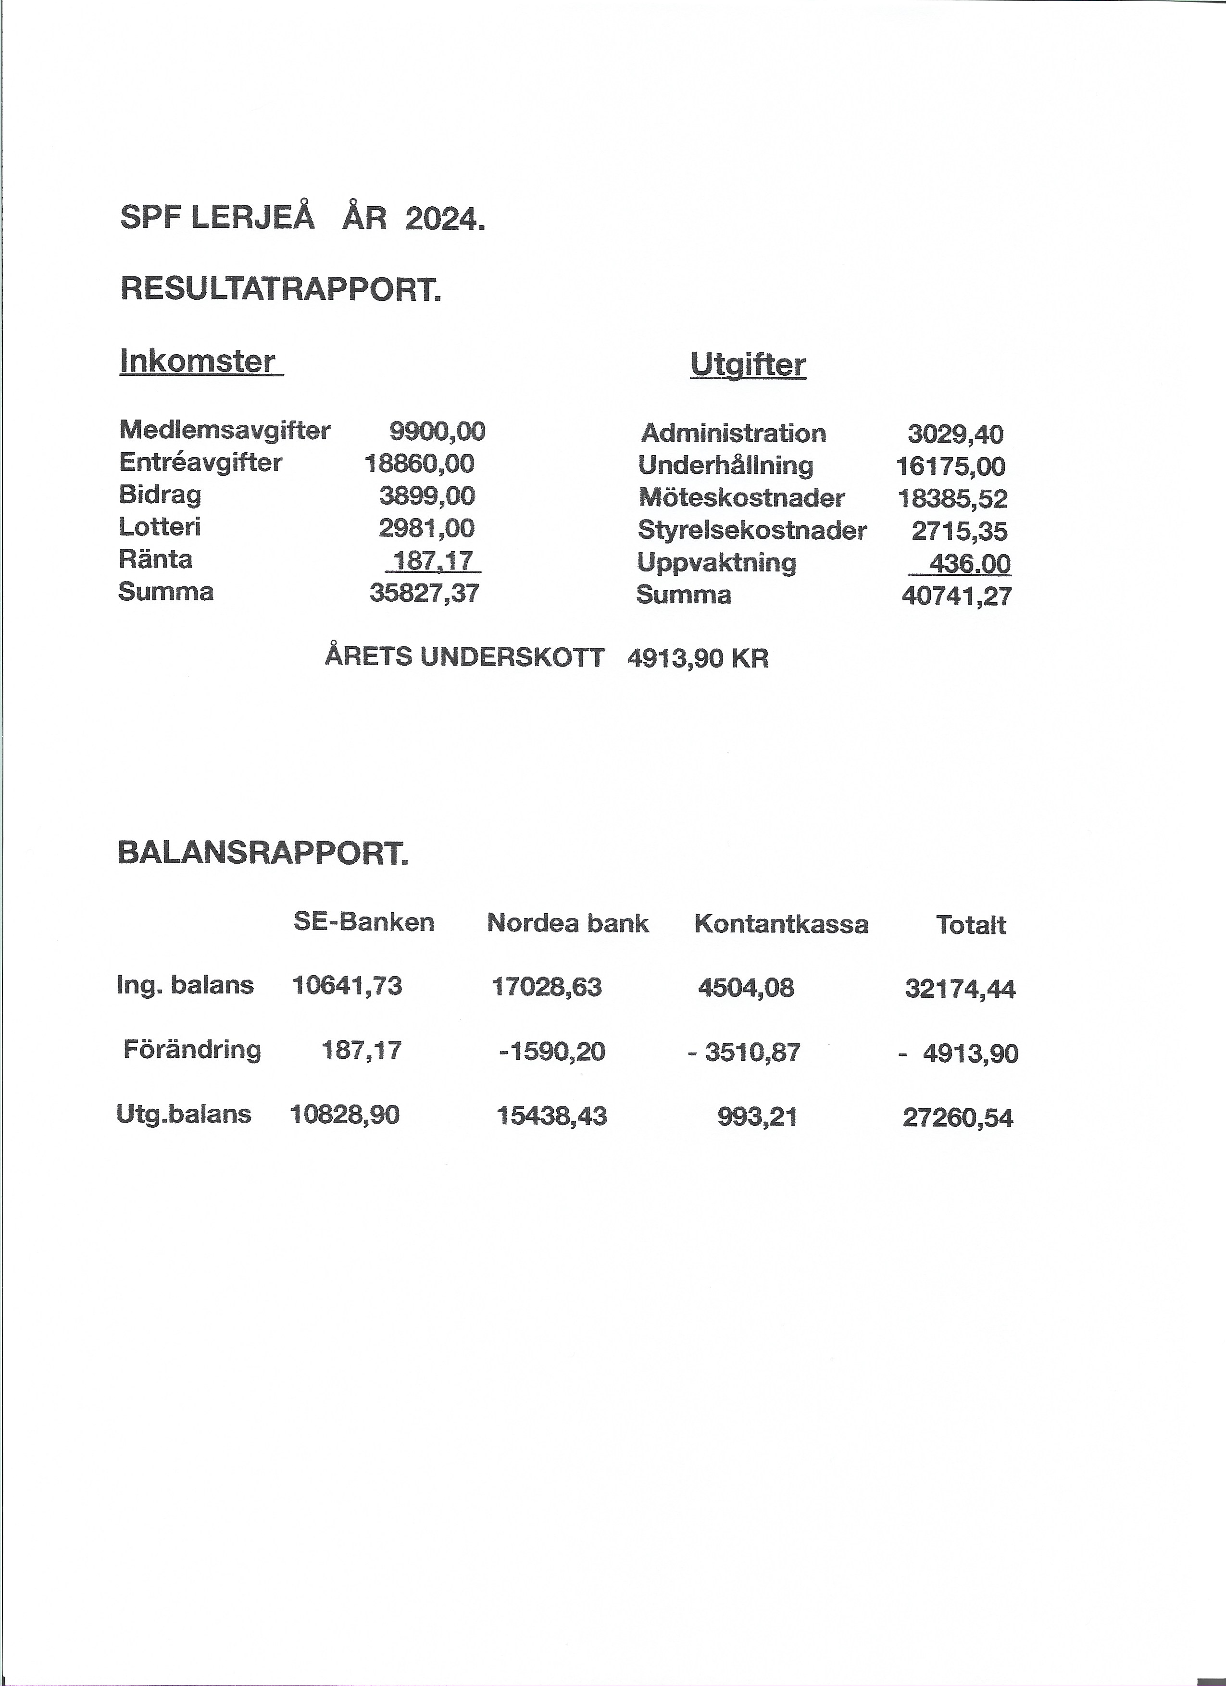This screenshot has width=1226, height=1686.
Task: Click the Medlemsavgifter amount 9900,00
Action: click(x=437, y=431)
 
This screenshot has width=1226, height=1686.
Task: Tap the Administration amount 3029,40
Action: click(x=955, y=434)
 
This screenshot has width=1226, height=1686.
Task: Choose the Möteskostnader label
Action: click(x=741, y=497)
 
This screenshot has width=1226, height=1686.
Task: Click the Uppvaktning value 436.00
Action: click(x=969, y=563)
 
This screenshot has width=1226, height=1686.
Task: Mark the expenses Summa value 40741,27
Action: click(x=956, y=596)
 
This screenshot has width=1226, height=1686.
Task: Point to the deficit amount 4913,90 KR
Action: click(x=698, y=658)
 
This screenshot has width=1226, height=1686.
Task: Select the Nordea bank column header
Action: click(x=567, y=923)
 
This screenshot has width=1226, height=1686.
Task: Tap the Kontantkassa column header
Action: click(x=781, y=924)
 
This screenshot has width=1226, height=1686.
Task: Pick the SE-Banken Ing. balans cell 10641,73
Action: click(x=347, y=986)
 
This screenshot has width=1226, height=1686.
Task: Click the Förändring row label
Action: click(x=192, y=1050)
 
